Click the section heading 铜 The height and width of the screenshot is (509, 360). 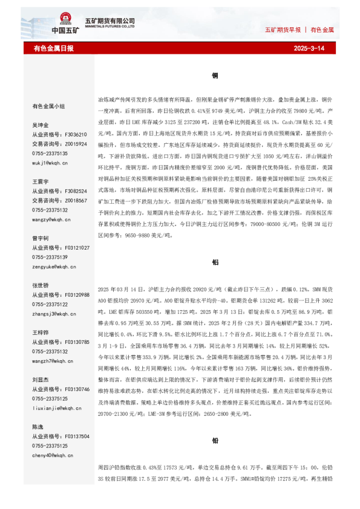pos(215,76)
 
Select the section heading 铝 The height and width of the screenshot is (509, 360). pos(215,263)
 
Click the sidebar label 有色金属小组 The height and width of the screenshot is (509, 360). pos(48,106)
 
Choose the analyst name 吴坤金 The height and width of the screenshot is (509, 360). pos(41,125)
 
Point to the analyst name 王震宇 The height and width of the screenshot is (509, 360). pos(41,181)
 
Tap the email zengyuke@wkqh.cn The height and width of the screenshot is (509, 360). pos(54,267)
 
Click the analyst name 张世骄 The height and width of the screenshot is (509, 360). pos(41,285)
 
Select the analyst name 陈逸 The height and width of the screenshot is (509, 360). pos(38,427)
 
